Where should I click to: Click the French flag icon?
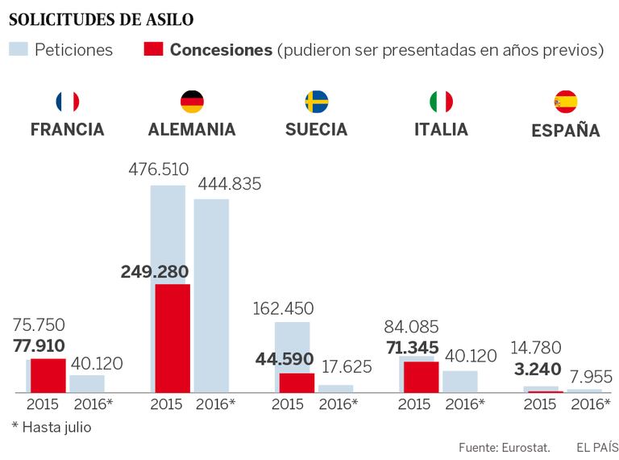[68, 102]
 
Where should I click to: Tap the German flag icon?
[192, 102]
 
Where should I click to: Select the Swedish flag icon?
[316, 102]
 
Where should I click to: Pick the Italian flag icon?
[441, 102]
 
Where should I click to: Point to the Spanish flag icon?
[565, 102]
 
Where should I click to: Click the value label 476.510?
[159, 170]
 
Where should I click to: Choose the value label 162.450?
[284, 308]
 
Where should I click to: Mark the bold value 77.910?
[39, 346]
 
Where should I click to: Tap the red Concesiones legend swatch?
[153, 50]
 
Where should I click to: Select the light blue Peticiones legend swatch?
[19, 50]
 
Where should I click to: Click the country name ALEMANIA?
[192, 130]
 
